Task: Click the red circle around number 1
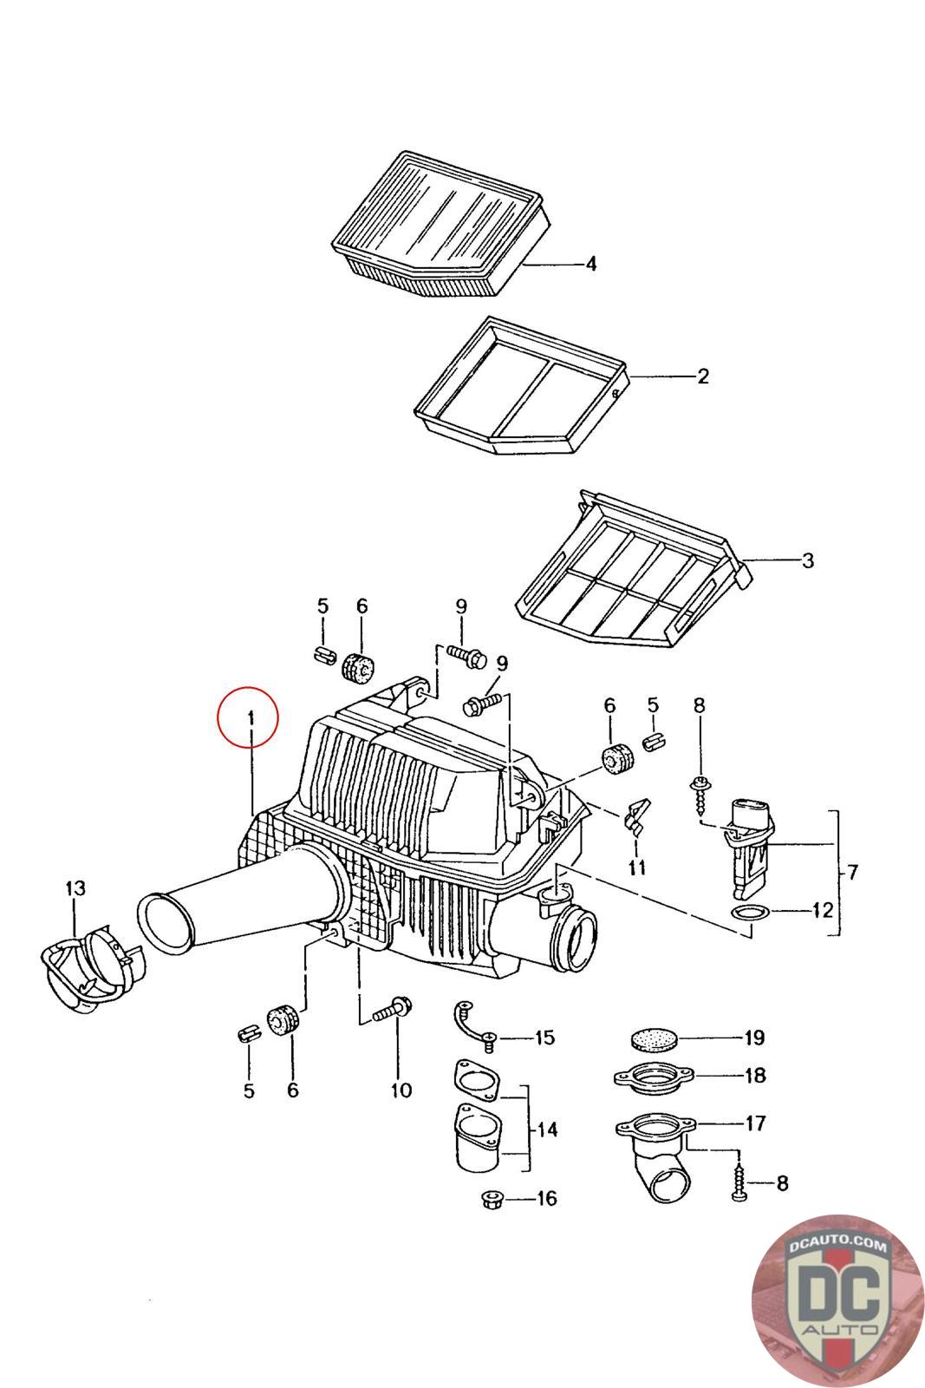[250, 719]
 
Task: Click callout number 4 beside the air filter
[590, 264]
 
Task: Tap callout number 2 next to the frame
[702, 376]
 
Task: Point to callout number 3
[807, 560]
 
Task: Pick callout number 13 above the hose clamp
[75, 887]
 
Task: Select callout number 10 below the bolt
[401, 1090]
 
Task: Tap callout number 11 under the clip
[637, 866]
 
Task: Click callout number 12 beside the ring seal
[822, 911]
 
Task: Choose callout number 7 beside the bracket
[851, 873]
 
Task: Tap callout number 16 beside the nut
[546, 1199]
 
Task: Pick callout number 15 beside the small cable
[544, 1038]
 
